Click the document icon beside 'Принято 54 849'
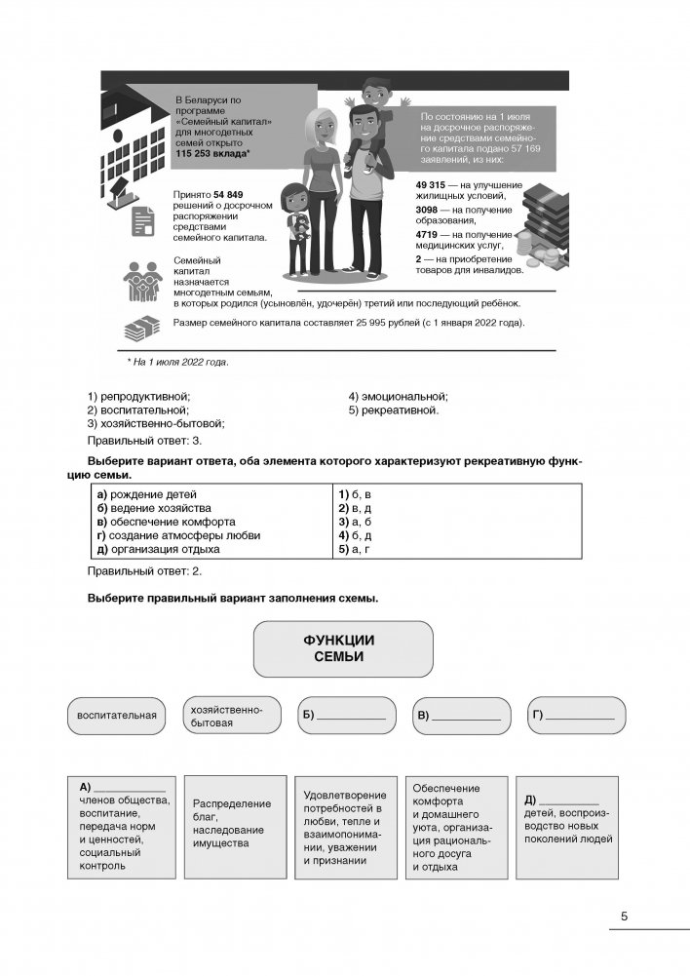point(140,223)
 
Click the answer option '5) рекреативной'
point(394,410)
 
